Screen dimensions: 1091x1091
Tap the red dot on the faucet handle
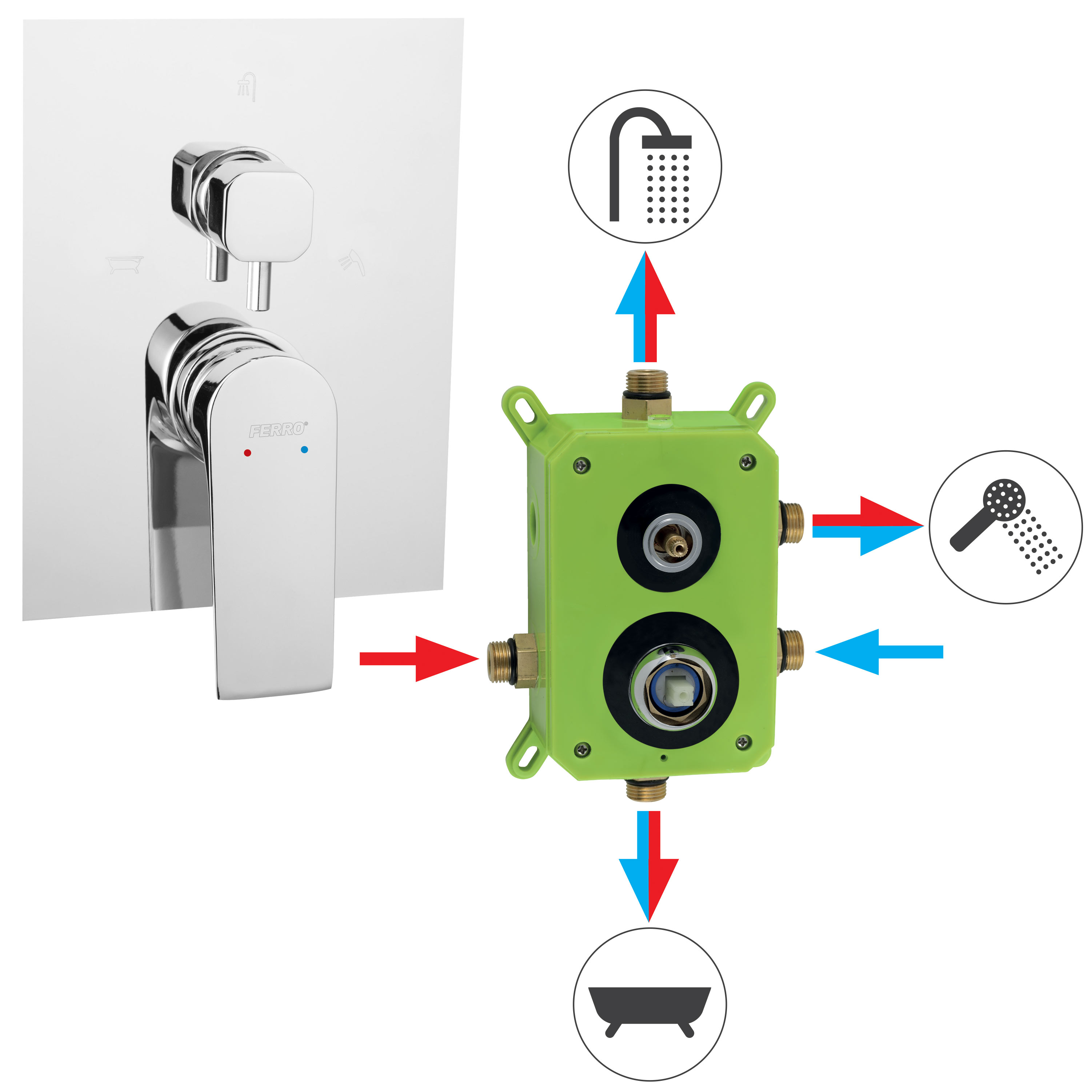coord(247,453)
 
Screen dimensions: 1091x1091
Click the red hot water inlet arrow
coord(419,659)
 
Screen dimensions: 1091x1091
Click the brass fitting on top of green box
coord(647,393)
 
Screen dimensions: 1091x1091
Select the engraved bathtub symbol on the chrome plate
coord(125,264)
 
